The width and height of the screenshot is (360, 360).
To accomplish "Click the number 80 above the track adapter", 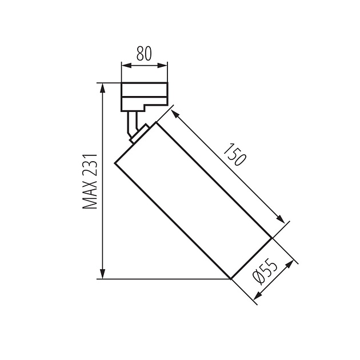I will click(x=144, y=54).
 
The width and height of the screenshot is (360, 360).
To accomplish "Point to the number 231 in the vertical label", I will click(x=90, y=165).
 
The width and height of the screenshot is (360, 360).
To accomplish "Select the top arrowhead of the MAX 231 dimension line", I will click(x=103, y=87).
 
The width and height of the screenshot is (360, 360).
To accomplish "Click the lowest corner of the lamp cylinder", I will click(x=231, y=279).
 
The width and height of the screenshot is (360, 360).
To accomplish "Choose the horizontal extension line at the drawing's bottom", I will click(x=166, y=279).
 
